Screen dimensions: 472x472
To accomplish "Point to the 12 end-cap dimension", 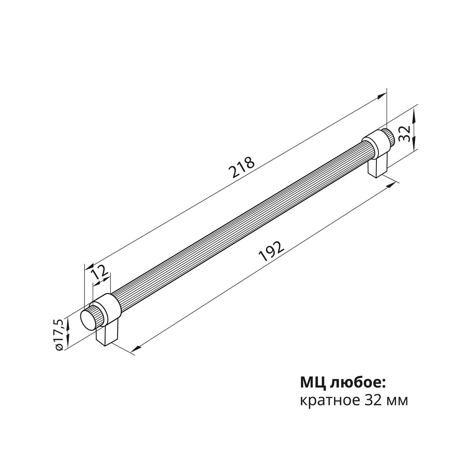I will pyautogui.click(x=99, y=272).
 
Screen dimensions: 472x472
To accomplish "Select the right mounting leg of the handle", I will pyautogui.click(x=378, y=167).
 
